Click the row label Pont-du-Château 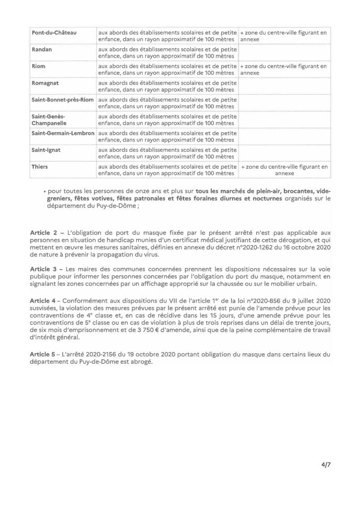click(54, 33)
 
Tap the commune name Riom click(39, 66)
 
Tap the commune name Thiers click(40, 167)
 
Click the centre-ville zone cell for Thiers click(284, 170)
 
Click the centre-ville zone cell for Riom click(283, 69)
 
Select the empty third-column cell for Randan click(284, 52)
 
